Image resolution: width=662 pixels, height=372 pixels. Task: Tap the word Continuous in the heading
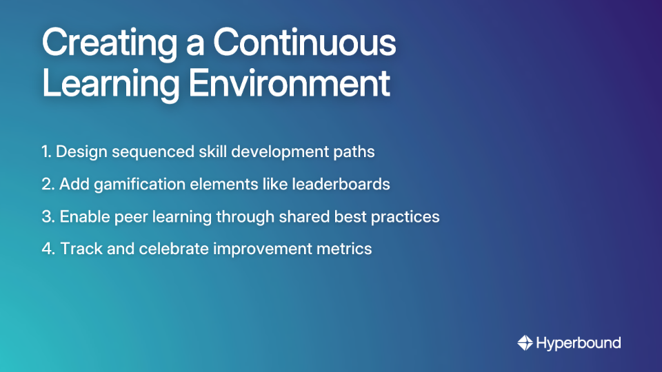[x=304, y=43]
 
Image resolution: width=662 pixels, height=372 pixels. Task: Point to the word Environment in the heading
[x=290, y=84]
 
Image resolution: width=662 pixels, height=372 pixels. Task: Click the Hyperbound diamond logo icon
[x=525, y=342]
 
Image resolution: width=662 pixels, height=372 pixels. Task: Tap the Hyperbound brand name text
[x=579, y=342]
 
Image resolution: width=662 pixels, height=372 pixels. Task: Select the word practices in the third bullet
[x=405, y=216]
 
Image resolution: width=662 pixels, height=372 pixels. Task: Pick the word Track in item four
[x=79, y=249]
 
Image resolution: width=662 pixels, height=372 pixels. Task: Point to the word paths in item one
[x=356, y=152]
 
